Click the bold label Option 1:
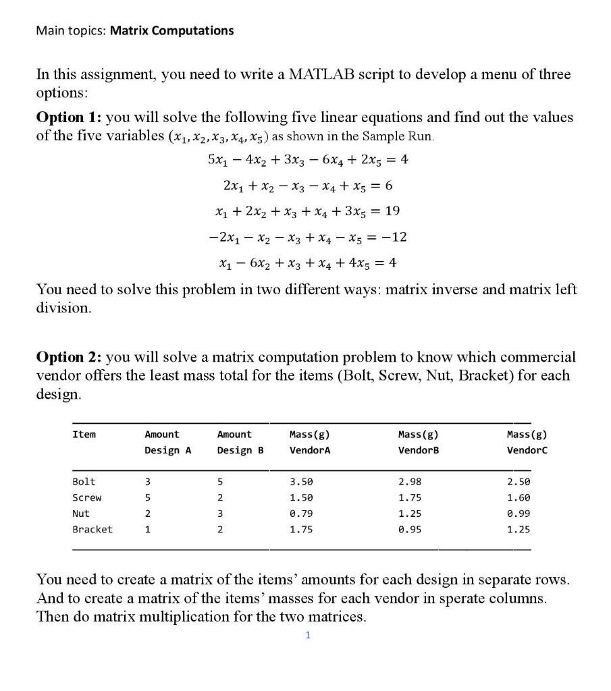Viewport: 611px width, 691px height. tap(68, 117)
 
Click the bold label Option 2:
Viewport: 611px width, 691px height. tap(68, 356)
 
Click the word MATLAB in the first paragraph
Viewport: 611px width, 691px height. tap(316, 74)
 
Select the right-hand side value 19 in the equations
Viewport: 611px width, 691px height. tap(392, 211)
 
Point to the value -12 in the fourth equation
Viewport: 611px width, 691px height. tap(394, 237)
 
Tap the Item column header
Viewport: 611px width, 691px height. tap(84, 435)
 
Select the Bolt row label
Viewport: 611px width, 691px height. tap(84, 482)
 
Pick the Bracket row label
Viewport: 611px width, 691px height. tap(92, 529)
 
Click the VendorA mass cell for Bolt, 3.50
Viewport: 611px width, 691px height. tap(300, 482)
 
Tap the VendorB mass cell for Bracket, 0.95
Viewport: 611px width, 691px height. tap(410, 529)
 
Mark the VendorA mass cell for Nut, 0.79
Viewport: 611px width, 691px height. tap(300, 514)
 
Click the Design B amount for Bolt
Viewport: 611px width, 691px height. tap(220, 482)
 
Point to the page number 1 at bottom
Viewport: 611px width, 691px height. tap(307, 635)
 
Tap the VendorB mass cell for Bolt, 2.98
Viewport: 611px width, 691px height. tap(410, 482)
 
